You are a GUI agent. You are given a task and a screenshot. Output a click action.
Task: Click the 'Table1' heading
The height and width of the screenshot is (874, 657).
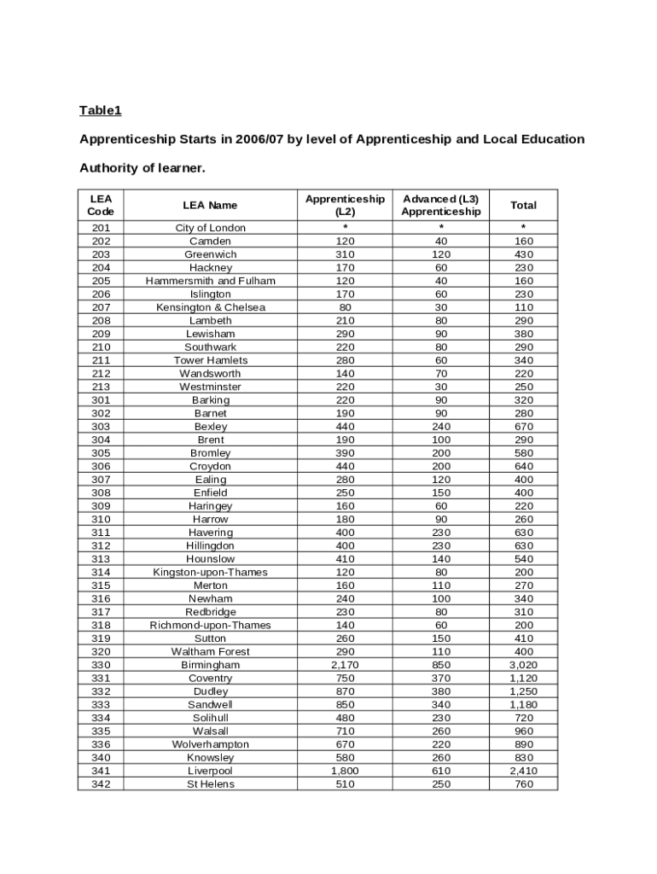pos(101,110)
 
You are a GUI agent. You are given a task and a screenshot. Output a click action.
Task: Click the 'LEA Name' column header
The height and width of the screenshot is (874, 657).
pos(210,205)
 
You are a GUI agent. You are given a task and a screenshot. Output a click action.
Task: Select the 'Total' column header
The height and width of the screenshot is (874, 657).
pos(523,205)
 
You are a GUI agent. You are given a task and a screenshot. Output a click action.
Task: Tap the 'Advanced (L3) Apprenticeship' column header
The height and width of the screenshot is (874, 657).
pos(441,205)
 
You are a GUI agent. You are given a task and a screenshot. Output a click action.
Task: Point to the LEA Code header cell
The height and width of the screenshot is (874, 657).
pos(101,205)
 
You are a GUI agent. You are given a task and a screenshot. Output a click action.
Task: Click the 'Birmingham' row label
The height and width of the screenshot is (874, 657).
pos(210,665)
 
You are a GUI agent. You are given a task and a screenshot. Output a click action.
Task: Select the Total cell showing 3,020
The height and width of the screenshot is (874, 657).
pos(523,665)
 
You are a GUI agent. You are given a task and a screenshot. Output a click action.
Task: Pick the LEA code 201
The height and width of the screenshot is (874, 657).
pos(101,228)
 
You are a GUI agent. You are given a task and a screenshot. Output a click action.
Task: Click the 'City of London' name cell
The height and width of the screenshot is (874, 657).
pos(210,228)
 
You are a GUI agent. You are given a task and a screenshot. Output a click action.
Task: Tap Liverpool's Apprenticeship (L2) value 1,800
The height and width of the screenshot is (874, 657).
pos(345,771)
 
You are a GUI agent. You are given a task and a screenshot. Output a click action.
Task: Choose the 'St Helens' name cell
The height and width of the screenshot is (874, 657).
pos(210,784)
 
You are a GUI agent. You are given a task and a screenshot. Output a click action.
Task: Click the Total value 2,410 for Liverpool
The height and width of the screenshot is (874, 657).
pos(523,771)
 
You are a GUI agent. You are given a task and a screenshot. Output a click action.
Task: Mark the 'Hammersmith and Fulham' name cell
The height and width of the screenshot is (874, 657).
pos(210,281)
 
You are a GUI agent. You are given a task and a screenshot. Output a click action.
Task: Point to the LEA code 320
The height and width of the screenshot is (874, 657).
pos(101,652)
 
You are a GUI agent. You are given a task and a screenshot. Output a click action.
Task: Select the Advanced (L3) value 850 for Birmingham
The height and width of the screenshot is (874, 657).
pos(441,665)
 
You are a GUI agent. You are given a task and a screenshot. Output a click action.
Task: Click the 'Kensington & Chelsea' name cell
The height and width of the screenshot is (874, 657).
pos(210,307)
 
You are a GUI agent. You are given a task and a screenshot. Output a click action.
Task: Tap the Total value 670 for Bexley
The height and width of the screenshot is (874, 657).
pos(523,427)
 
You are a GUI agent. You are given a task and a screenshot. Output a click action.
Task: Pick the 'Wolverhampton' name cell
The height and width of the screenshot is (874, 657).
pos(210,744)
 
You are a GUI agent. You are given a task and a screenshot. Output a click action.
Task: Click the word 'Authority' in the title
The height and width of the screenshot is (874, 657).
pos(109,168)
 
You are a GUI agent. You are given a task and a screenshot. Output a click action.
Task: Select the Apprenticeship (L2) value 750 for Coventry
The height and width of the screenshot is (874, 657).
pos(345,679)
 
